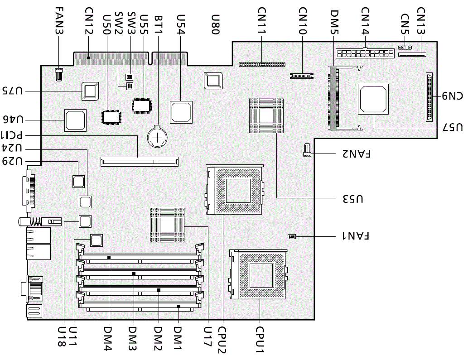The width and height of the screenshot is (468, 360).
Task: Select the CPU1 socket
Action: point(259,274)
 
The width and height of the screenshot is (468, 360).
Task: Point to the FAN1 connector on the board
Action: point(292,236)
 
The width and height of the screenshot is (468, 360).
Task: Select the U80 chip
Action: point(213,80)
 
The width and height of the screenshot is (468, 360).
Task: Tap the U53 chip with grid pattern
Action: point(266,115)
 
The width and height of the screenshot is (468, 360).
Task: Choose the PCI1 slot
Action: point(140,161)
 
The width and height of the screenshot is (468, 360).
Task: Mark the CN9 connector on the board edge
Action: point(429,97)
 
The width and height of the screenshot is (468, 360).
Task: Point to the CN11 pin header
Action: point(262,64)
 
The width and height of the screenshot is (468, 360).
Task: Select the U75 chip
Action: point(90,91)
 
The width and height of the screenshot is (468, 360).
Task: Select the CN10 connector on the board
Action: point(301,75)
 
